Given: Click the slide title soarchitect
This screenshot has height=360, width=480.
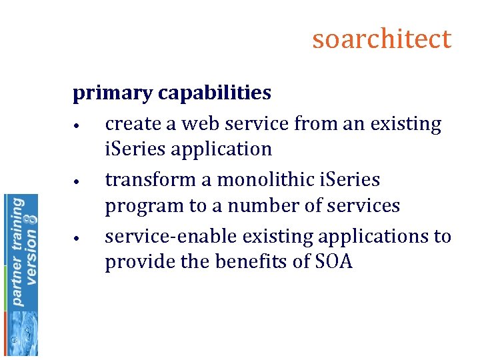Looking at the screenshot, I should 381,39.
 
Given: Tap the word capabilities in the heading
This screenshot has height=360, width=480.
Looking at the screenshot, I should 215,93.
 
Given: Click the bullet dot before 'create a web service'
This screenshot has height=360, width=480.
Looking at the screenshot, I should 78,126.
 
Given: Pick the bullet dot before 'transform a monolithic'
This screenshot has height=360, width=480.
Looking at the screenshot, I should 78,182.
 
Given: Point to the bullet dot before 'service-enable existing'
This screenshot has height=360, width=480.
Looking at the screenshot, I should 78,239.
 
